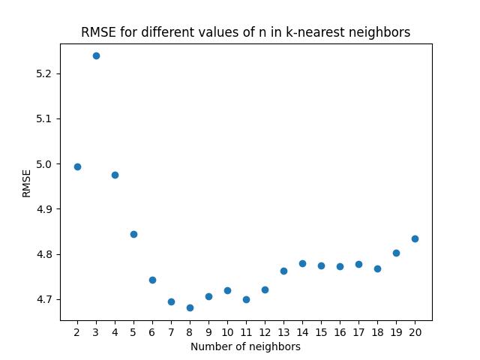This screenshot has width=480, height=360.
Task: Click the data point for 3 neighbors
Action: point(96,55)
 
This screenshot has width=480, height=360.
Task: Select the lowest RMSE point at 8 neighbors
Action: point(190,307)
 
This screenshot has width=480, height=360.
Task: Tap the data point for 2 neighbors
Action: point(77,166)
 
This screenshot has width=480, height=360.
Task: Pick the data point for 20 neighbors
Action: point(415,238)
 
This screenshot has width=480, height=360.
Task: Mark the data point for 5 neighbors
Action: point(133,234)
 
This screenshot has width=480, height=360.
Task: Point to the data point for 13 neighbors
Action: point(283,271)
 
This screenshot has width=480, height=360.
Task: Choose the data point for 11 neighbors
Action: point(246,299)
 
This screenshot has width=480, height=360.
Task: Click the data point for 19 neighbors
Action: point(396,253)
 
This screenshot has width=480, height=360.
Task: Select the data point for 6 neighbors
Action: point(152,280)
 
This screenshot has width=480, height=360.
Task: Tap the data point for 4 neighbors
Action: point(115,175)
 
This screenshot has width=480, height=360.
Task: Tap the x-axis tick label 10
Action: point(227,331)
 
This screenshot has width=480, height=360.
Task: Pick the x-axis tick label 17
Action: point(358,331)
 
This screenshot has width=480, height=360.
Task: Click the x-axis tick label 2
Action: point(77,331)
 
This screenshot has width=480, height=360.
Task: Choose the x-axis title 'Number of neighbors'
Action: point(245,346)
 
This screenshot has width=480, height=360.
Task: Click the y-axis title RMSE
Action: point(26,183)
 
